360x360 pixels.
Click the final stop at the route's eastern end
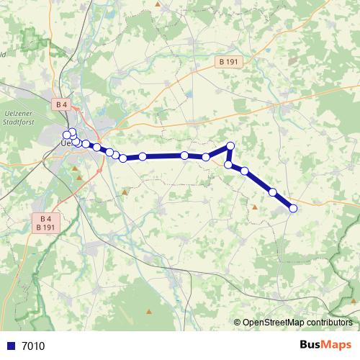293,208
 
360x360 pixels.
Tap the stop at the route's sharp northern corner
231,146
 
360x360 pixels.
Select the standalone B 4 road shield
61,104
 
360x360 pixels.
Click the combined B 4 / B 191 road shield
45,222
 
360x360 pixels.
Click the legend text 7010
33,346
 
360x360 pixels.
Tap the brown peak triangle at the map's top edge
158,4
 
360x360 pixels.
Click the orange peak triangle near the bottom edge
149,312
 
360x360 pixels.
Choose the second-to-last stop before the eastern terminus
273,192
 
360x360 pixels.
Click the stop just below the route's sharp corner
228,165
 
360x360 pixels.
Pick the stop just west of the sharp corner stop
206,157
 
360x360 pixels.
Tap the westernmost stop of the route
67,135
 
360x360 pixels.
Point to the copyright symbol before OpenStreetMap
238,323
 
